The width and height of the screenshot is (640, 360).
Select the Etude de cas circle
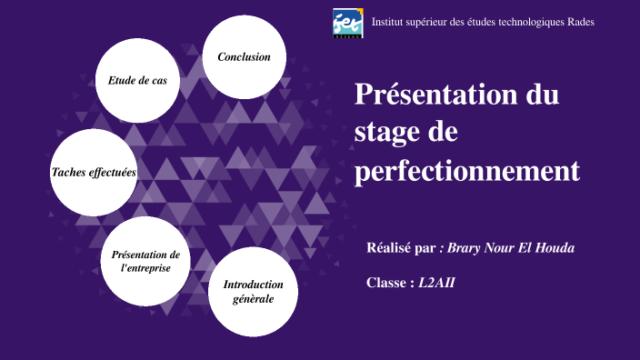pos(137,81)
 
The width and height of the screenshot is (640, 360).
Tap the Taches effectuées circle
pos(94,172)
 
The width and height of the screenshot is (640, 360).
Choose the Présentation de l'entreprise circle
pos(145,261)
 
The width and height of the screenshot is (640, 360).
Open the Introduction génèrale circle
pos(253,291)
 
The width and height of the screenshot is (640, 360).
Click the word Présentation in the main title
pos(430,94)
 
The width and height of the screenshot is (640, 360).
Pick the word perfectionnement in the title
pos(466,170)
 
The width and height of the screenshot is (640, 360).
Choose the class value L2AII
pos(436,283)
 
